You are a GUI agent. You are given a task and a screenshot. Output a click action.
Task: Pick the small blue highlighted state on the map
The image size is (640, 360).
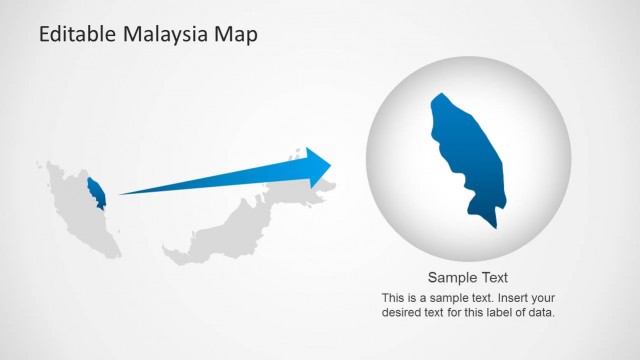pos(97,192)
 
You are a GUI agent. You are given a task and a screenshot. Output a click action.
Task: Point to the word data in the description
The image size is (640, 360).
pos(542,312)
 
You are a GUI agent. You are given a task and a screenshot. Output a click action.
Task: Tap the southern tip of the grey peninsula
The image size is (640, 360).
pos(115,254)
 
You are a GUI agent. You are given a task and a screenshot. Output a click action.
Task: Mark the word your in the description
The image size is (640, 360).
pos(528,298)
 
